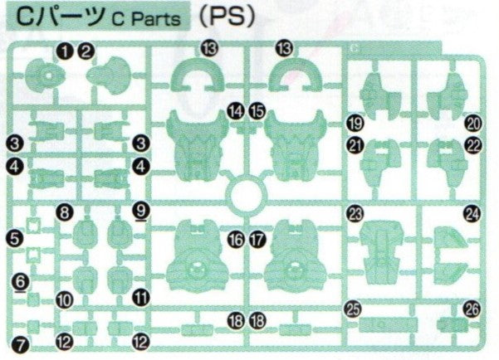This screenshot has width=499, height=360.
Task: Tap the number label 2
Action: click(85, 53)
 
